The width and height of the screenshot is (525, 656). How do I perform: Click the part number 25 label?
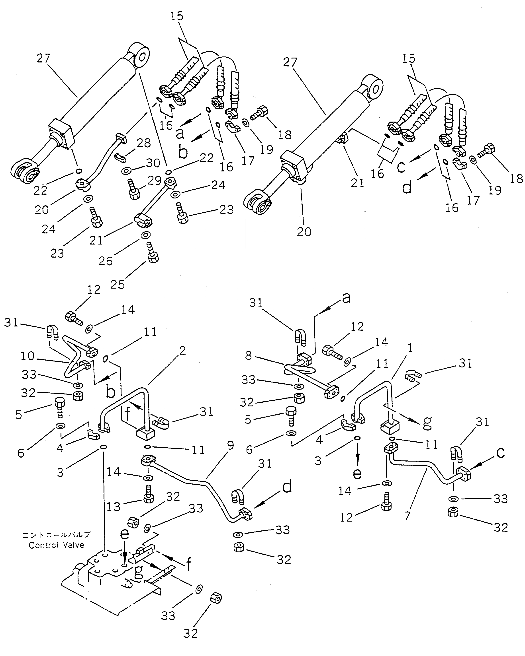[x=118, y=285]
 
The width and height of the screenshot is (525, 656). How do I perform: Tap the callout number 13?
[x=114, y=507]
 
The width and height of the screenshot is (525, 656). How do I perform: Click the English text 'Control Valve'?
[x=56, y=545]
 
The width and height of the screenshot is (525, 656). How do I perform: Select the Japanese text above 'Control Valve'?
[x=56, y=535]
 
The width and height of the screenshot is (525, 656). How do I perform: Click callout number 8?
[x=249, y=355]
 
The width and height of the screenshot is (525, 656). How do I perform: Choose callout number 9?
[x=231, y=445]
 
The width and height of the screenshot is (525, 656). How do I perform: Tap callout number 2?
[x=182, y=351]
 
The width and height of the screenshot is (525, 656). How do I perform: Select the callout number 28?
[x=144, y=143]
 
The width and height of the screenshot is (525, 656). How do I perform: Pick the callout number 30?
[x=153, y=163]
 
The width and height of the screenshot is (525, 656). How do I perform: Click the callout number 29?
[x=154, y=180]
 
